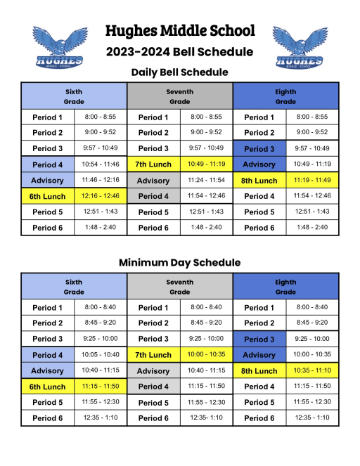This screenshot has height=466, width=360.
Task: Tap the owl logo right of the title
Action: point(300,47)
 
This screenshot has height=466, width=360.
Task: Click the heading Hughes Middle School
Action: point(180,31)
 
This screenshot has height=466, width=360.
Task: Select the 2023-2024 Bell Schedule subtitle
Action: point(180,51)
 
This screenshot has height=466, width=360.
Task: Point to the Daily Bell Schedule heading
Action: point(180,72)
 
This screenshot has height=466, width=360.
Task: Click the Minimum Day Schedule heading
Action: point(180,262)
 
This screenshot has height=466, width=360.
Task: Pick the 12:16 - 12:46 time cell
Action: point(101,196)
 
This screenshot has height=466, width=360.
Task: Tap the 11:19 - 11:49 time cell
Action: point(311,180)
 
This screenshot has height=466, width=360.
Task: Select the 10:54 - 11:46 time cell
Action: point(101,164)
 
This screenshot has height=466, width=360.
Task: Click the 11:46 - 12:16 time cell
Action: point(101,180)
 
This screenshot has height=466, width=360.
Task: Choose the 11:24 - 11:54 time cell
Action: point(206,180)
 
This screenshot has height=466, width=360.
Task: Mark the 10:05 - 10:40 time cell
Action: point(101,354)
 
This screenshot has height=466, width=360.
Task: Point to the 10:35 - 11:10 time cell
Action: point(311,370)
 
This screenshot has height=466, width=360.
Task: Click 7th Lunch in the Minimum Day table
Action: point(153,355)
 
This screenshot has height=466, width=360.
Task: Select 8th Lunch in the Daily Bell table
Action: point(259,181)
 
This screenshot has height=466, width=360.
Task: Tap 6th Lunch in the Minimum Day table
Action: point(48,387)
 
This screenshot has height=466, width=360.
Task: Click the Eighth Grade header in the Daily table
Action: point(285,96)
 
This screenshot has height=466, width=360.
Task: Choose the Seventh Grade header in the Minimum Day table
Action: point(179,287)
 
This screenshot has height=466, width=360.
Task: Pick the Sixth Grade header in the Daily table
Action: point(74,96)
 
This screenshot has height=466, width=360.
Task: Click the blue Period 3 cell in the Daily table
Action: point(259,148)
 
